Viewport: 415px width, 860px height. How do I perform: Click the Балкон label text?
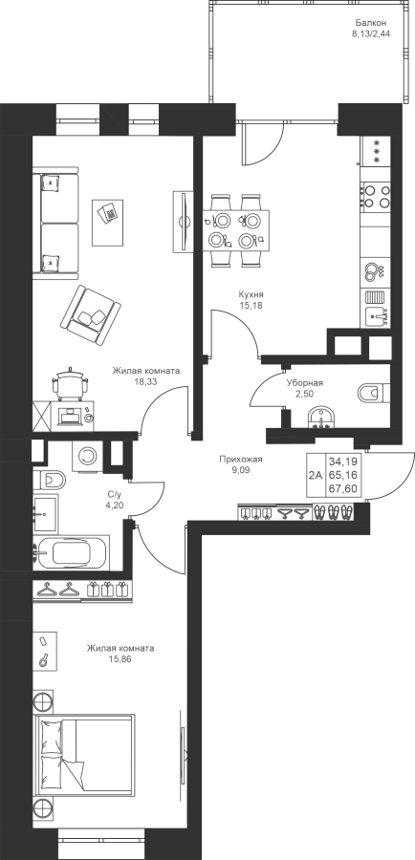click(x=371, y=23)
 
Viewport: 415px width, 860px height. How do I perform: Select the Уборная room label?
click(x=304, y=383)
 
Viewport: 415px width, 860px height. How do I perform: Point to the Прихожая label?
click(x=240, y=460)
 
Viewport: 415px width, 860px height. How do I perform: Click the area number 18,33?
click(x=146, y=381)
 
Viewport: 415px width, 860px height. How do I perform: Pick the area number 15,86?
click(x=120, y=658)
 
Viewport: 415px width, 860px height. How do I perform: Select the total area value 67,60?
click(x=342, y=488)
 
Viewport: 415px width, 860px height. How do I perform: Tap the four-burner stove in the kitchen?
click(x=376, y=196)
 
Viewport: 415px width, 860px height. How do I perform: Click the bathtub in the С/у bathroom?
click(x=72, y=553)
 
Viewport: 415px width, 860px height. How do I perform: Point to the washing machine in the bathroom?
click(x=87, y=455)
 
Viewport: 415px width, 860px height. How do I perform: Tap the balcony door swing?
click(x=261, y=143)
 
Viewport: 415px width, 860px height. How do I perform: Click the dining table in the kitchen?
click(x=236, y=230)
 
